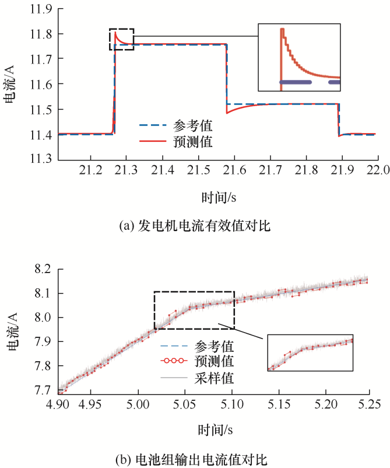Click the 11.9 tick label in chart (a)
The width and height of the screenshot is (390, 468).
pos(43,9)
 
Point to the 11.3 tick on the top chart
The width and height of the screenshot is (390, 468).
pos(43,159)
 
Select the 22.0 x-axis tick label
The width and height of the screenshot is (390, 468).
pos(378,170)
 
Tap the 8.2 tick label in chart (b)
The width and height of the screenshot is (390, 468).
pos(43,269)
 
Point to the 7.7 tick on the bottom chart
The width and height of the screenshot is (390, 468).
pos(43,390)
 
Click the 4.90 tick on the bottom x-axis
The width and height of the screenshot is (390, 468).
pos(61,403)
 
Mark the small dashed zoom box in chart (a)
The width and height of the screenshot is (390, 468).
pos(121,39)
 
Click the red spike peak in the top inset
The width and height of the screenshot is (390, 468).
pos(282,29)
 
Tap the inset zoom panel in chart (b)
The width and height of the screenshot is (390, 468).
pos(310,352)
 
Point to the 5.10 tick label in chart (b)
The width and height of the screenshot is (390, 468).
pos(231,403)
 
